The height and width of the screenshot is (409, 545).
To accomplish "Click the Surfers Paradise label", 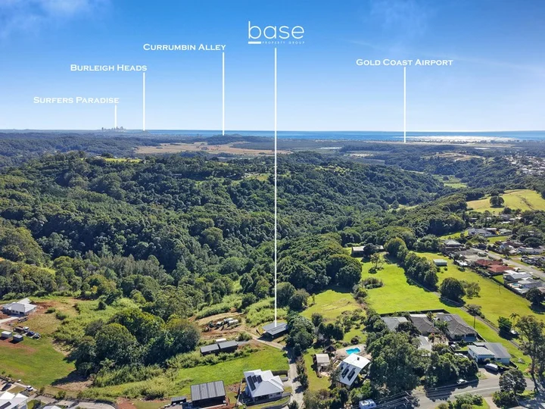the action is [x=76, y=100].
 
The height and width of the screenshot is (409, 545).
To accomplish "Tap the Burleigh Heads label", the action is [x=108, y=67].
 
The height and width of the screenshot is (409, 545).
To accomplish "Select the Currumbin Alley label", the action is [x=184, y=47].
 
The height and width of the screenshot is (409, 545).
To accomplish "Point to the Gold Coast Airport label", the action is [x=404, y=62].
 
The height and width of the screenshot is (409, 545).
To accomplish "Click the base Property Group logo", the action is [x=276, y=33].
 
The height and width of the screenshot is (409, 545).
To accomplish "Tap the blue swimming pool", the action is [x=353, y=351].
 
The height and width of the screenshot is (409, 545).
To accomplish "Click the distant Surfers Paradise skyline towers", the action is [x=112, y=129].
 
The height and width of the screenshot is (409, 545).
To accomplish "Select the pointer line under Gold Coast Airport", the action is [x=404, y=105].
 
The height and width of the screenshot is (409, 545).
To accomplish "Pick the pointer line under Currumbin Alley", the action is [x=223, y=94].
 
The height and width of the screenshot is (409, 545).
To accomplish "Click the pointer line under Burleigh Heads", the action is [x=144, y=101].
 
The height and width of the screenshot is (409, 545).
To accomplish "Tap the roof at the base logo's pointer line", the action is [x=275, y=328].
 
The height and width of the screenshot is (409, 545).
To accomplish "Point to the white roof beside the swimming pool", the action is [x=353, y=370].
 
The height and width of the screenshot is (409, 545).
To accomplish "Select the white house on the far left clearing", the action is [x=19, y=307].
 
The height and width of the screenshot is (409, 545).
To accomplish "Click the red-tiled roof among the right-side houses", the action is [x=494, y=267].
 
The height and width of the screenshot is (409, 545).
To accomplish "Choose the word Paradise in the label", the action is [x=98, y=100].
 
